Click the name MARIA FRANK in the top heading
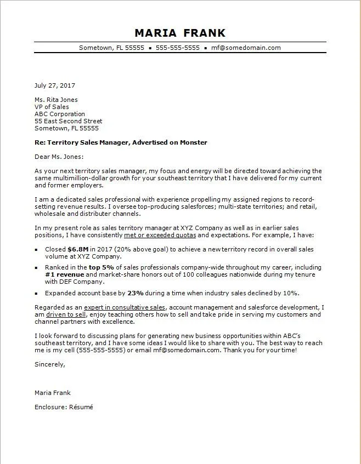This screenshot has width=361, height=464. (x=180, y=32)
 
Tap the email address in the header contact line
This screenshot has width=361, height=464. (x=246, y=48)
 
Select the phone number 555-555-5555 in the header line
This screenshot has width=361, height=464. (x=177, y=48)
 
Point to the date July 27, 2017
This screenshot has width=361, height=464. (x=54, y=85)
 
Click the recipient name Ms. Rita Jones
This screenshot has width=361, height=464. (x=56, y=100)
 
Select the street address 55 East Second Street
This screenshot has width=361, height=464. (x=68, y=121)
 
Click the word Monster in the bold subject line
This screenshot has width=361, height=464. (x=194, y=142)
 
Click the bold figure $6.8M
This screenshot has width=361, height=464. (x=78, y=249)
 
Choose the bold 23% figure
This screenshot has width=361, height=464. (x=136, y=293)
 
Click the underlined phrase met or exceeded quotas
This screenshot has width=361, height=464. (x=160, y=235)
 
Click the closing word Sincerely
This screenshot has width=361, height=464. (x=49, y=364)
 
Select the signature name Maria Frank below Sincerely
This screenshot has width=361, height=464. (x=52, y=393)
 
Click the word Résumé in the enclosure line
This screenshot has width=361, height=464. (x=80, y=407)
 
